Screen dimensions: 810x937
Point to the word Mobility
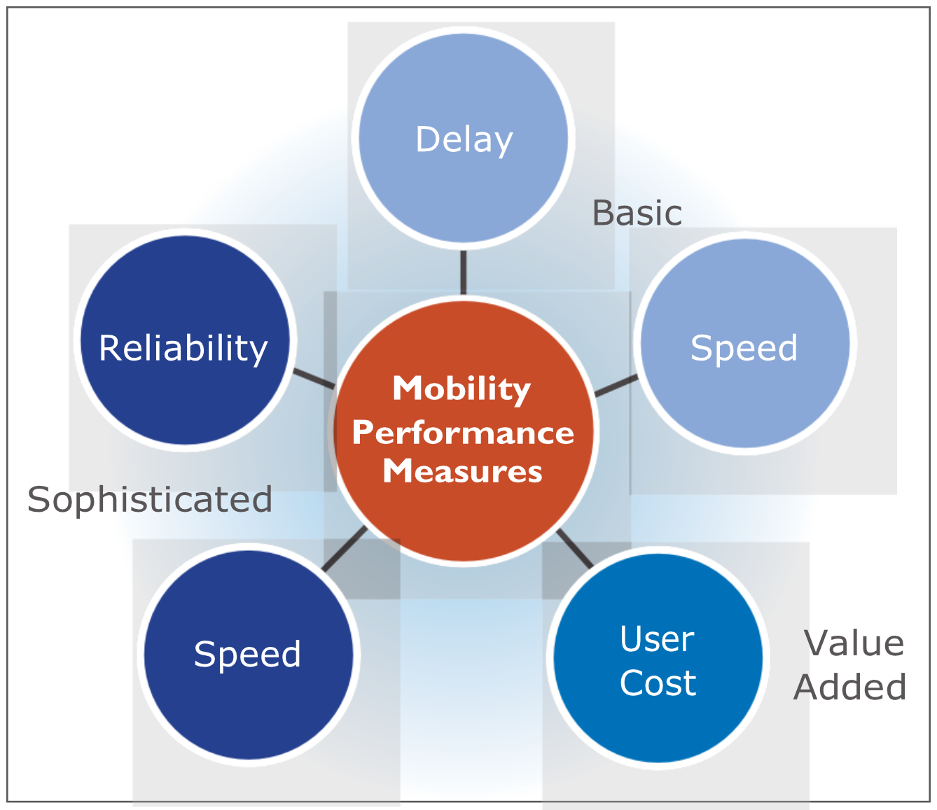pyautogui.click(x=461, y=389)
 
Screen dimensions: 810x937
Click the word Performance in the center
pyautogui.click(x=463, y=433)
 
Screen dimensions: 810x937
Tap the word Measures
pyautogui.click(x=462, y=471)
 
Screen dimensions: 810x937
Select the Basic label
pyautogui.click(x=637, y=213)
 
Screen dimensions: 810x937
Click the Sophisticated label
pyautogui.click(x=150, y=499)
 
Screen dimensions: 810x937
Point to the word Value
pyautogui.click(x=854, y=643)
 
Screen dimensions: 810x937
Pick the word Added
pyautogui.click(x=850, y=687)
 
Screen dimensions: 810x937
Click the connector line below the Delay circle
pyautogui.click(x=463, y=272)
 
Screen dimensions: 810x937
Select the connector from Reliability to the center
pyautogui.click(x=313, y=378)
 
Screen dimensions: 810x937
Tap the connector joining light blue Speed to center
pyautogui.click(x=616, y=386)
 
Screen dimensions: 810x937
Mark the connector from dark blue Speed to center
pyautogui.click(x=345, y=549)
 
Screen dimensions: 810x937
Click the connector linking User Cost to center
pyautogui.click(x=575, y=548)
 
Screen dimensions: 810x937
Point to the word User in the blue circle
pyautogui.click(x=657, y=638)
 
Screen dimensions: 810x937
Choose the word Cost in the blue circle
pyautogui.click(x=658, y=683)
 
